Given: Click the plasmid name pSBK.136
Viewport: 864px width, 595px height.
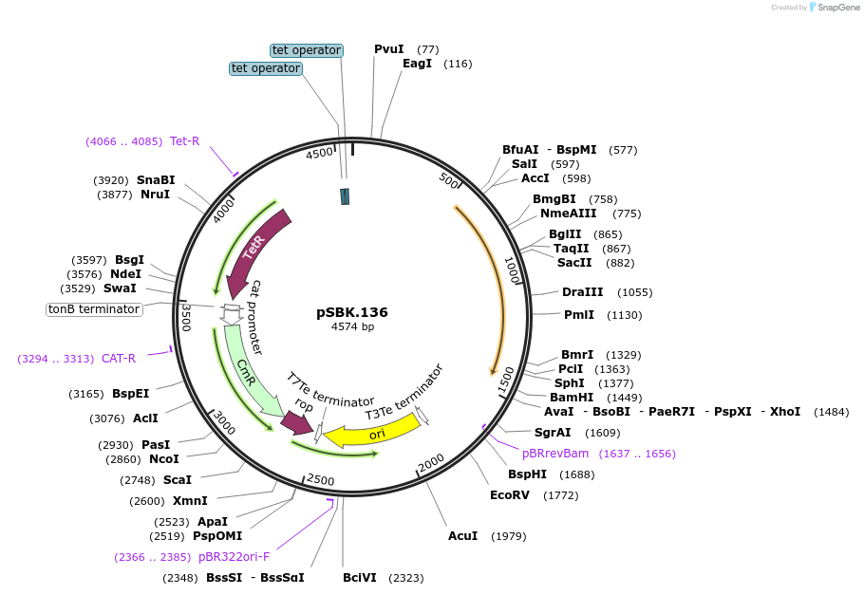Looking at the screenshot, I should tap(352, 312).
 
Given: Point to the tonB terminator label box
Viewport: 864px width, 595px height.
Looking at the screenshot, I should tap(94, 309).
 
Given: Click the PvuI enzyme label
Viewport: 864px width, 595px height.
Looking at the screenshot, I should tap(388, 49).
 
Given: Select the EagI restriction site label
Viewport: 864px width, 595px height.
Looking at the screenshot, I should tap(417, 64).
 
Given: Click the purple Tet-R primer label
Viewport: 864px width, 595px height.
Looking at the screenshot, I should tap(184, 141).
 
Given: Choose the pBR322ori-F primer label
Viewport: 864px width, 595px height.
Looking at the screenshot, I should tap(234, 557).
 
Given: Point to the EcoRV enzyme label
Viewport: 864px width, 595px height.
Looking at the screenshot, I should tap(509, 494).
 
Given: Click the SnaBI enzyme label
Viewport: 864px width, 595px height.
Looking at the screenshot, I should tap(156, 180).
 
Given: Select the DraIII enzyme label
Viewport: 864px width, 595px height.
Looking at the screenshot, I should tap(581, 292).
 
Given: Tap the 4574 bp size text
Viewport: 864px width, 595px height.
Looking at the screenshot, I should tap(352, 326).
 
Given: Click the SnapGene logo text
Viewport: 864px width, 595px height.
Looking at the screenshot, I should tap(835, 7).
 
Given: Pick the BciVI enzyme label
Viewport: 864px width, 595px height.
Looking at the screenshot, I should tap(360, 577).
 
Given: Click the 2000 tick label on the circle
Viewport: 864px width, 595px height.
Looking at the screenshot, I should tap(432, 460).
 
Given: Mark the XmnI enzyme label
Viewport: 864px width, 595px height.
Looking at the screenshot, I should tap(190, 501).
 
